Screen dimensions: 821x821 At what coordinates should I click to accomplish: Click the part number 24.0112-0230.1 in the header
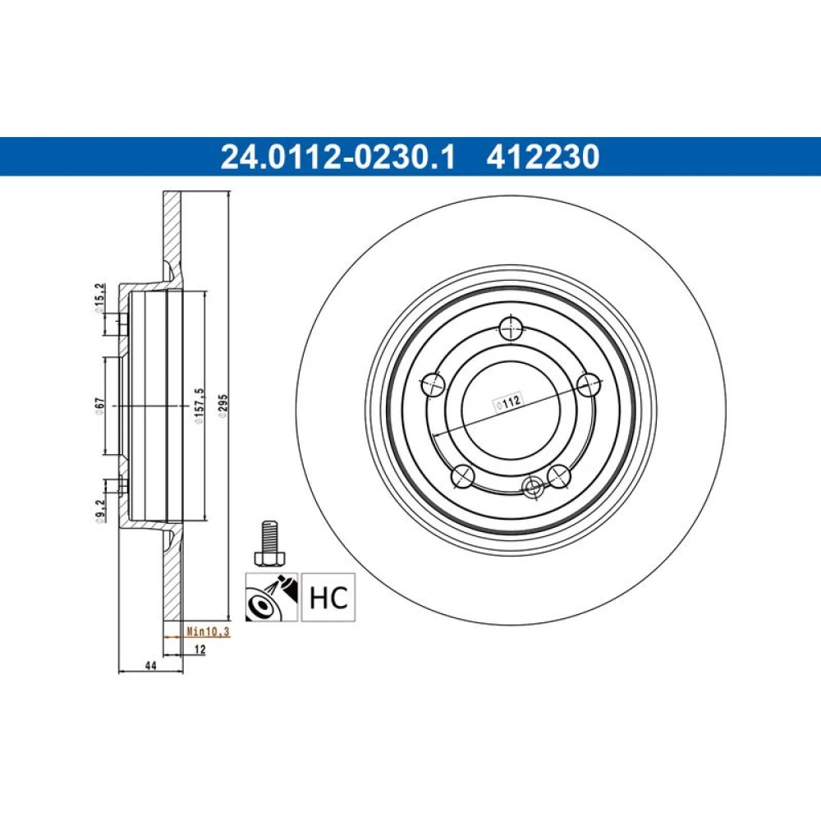coord(338,157)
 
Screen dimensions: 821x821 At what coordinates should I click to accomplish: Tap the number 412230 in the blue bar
coord(543,157)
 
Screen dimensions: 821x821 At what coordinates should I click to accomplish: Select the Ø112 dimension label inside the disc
coord(509,402)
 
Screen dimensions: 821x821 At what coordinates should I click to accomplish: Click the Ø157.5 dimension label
coord(199,406)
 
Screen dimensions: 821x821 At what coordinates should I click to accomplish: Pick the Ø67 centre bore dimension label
coord(99,406)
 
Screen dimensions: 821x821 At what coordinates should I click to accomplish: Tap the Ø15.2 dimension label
coord(99,299)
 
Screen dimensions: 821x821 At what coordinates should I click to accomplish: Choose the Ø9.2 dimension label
coord(100,511)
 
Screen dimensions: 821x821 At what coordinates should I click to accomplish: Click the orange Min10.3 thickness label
coord(209,631)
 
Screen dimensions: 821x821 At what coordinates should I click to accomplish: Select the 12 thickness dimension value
coord(200,649)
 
